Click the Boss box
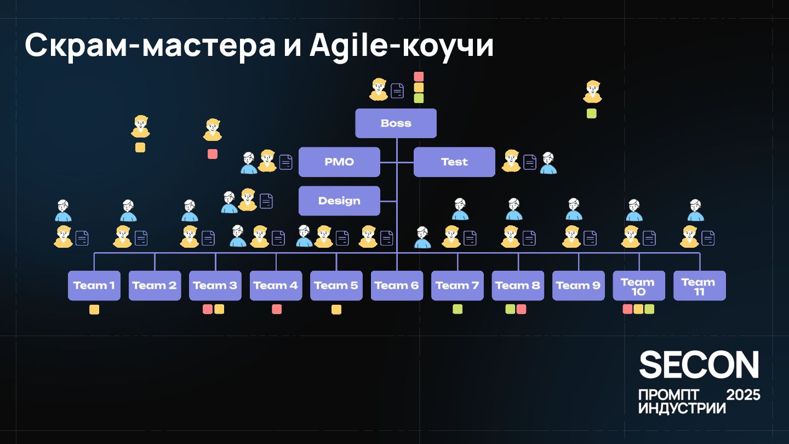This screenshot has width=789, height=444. point(396,123)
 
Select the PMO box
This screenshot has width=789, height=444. point(339,162)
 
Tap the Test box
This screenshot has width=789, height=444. point(454,162)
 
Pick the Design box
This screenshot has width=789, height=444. point(339,201)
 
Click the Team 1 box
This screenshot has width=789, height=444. point(94,286)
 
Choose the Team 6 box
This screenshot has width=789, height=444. point(397,286)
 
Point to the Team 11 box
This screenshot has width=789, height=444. point(699,286)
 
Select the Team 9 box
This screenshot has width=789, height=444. point(578,286)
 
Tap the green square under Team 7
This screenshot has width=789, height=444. point(458,309)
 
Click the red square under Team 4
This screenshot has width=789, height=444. point(277,309)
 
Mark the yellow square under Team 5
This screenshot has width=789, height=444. point(336,310)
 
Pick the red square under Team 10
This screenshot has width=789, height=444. point(628,309)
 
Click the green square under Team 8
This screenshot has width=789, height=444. point(510,309)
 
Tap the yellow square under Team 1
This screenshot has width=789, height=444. point(94,310)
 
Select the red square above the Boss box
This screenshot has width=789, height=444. point(419,77)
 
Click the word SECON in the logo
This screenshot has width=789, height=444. point(699,365)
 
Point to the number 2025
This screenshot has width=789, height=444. point(743,395)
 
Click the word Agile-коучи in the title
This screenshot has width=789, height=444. point(402,46)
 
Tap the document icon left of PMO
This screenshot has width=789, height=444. point(286,162)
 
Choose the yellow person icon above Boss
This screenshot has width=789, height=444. point(379,89)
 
